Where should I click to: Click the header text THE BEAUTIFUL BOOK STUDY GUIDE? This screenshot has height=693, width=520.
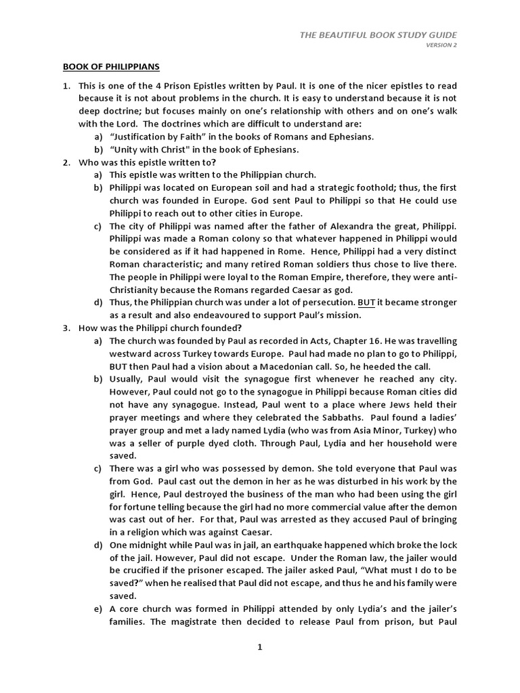[x=378, y=35]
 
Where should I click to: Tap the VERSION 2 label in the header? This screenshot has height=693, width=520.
[x=441, y=46]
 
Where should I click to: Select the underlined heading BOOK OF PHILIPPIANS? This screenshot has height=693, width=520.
[x=112, y=67]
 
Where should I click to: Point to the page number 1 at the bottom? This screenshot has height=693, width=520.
[x=259, y=647]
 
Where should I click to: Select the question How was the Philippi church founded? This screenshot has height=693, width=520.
[x=156, y=328]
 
